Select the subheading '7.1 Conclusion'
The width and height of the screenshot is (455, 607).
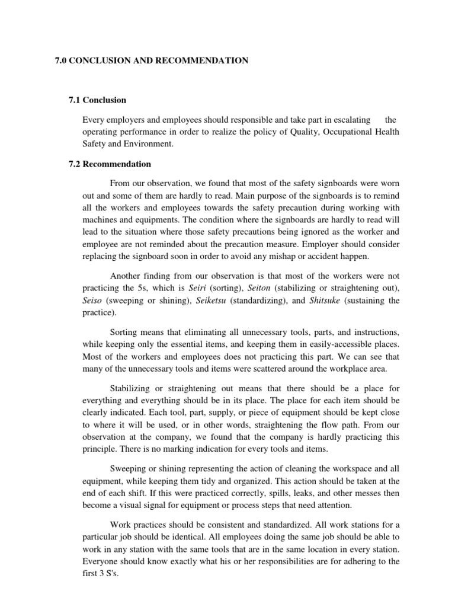98,100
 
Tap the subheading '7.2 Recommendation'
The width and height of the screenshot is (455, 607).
110,164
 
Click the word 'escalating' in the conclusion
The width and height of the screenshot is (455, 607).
351,119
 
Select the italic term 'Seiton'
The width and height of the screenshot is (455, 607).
259,288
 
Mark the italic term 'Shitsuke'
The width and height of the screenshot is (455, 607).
325,301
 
